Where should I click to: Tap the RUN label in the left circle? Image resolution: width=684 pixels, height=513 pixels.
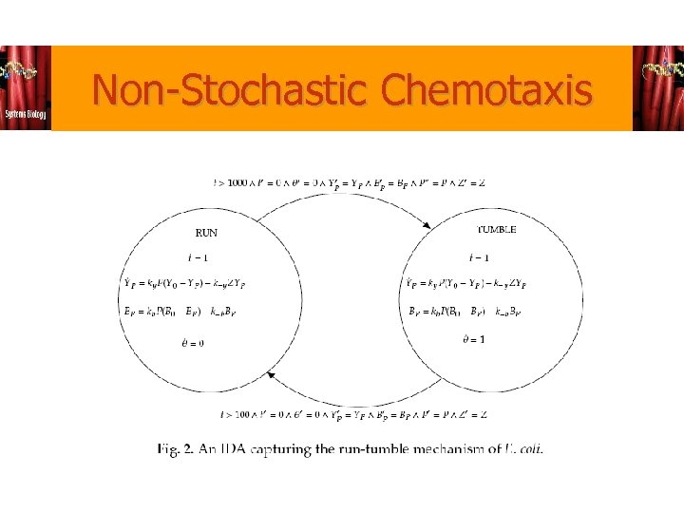click(x=206, y=233)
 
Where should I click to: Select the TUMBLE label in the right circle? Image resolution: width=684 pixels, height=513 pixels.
click(x=496, y=230)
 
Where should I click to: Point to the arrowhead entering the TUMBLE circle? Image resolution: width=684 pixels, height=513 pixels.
click(x=427, y=225)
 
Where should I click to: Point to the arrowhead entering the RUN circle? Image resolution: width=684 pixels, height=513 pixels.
click(x=271, y=376)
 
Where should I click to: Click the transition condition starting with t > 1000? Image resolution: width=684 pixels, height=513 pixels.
click(x=349, y=183)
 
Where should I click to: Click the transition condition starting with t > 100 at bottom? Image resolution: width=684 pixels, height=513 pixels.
click(x=353, y=414)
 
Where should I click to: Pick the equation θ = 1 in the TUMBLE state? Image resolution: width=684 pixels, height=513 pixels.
click(x=473, y=340)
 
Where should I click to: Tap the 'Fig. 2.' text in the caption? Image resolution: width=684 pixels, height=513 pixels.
click(x=176, y=448)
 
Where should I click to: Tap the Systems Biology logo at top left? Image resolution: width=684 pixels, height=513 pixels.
click(x=26, y=88)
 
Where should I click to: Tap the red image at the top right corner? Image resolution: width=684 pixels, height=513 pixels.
click(x=657, y=88)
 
